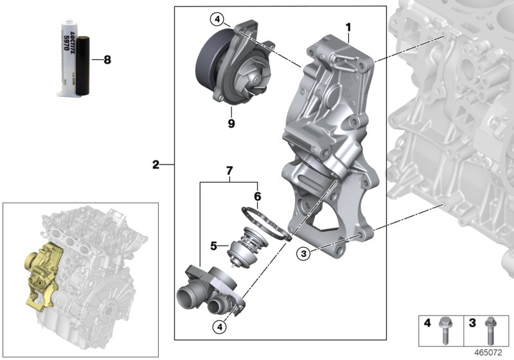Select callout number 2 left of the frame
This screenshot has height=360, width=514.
pos(155,165)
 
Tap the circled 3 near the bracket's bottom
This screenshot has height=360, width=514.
pos(304,254)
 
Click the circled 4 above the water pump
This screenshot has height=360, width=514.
pos(218,20)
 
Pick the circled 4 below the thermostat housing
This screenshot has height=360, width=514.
pos(221,327)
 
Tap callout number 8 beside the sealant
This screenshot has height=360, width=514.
pos(107,60)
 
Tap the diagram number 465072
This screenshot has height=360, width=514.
pos(491,352)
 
